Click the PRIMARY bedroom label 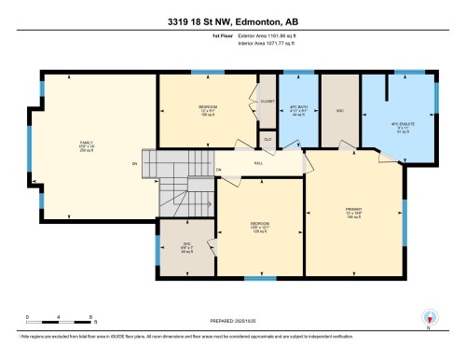[353, 211]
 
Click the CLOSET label [267, 100]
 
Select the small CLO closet [267, 139]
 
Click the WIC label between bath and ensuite [339, 108]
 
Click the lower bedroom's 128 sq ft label [259, 234]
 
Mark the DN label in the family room [135, 165]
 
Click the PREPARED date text [233, 323]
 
